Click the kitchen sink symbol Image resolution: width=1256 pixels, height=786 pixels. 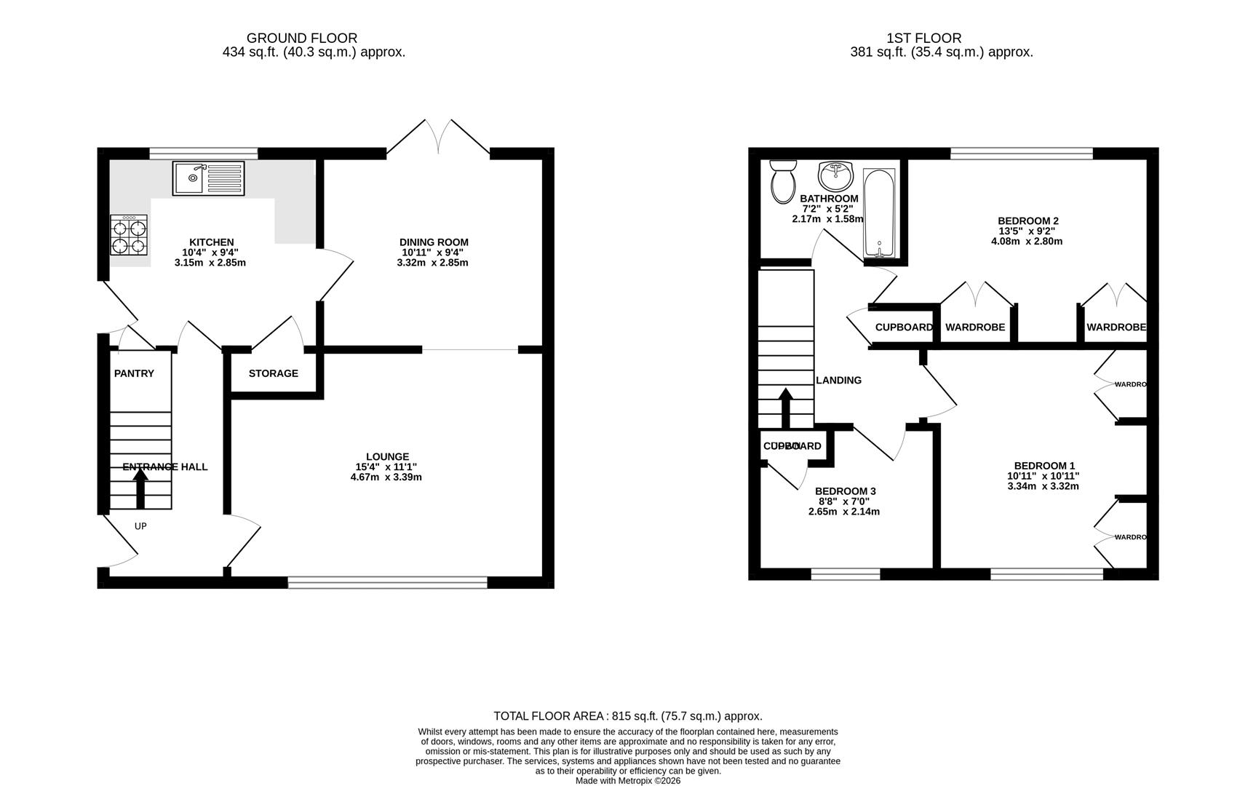209,178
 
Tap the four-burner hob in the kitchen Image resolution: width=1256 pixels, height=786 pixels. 129,235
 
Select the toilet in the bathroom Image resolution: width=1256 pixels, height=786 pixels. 784,182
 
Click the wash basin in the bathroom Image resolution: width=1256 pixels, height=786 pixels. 835,175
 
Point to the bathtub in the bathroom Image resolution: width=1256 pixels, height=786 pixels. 879,213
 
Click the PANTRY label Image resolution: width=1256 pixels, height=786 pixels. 134,373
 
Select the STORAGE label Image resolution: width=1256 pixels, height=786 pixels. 273,373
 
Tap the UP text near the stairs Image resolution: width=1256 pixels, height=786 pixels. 140,525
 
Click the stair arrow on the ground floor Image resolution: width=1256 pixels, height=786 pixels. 140,488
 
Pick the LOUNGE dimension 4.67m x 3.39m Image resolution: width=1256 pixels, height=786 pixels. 386,477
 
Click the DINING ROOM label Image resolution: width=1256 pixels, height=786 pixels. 434,242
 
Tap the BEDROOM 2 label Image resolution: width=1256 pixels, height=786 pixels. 1028,221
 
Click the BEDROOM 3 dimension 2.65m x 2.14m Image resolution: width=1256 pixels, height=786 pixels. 844,512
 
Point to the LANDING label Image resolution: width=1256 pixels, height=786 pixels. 838,380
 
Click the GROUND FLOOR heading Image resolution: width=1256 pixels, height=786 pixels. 301,38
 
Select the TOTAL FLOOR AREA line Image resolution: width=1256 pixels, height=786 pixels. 627,716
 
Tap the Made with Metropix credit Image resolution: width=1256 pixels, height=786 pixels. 627,780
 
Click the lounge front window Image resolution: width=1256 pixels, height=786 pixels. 387,581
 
